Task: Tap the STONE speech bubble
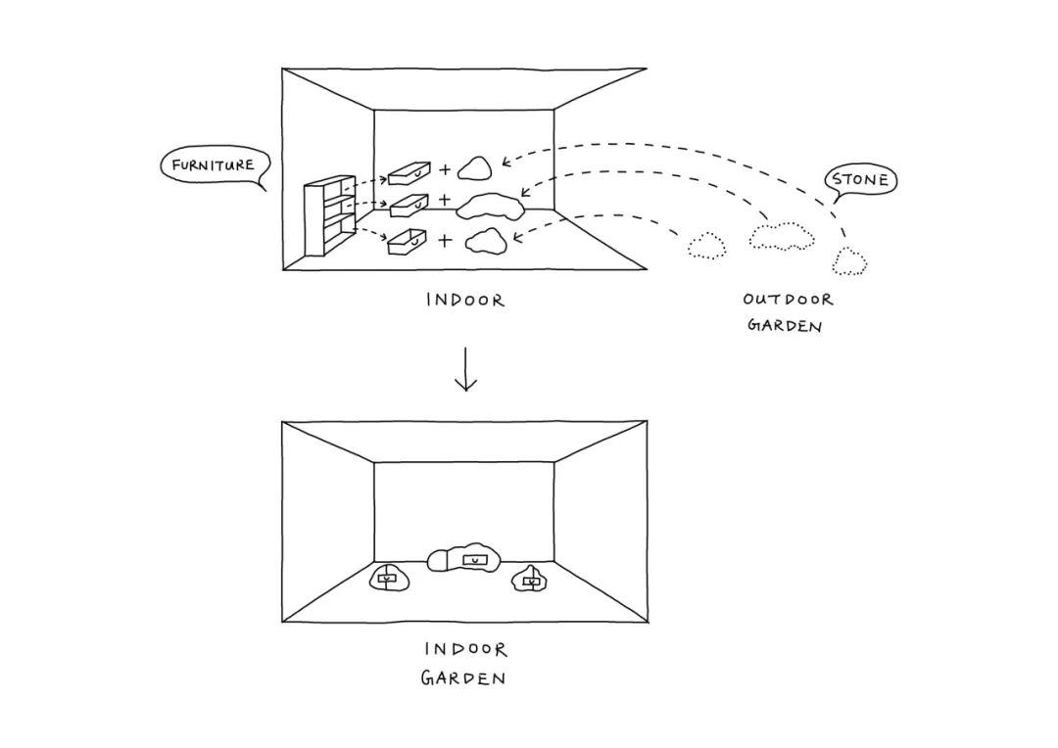pyautogui.click(x=860, y=180)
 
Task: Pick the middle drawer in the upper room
pyautogui.click(x=409, y=205)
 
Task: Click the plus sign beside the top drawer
pyautogui.click(x=446, y=170)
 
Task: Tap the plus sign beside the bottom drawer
pyautogui.click(x=446, y=239)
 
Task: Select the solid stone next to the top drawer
pyautogui.click(x=477, y=168)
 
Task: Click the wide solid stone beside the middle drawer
pyautogui.click(x=492, y=206)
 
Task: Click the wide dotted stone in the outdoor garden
pyautogui.click(x=782, y=236)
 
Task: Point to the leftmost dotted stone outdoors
pyautogui.click(x=706, y=246)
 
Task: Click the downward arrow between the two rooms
pyautogui.click(x=465, y=370)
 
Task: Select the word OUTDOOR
pyautogui.click(x=788, y=300)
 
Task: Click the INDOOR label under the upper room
pyautogui.click(x=465, y=301)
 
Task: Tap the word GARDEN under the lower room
pyautogui.click(x=463, y=678)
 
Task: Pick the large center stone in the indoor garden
pyautogui.click(x=465, y=558)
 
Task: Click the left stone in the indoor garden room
pyautogui.click(x=388, y=579)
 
